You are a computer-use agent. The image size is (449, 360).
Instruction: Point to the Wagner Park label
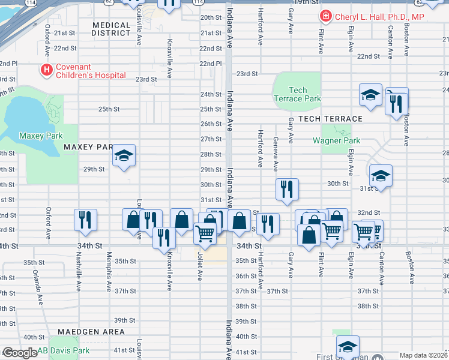click(336, 141)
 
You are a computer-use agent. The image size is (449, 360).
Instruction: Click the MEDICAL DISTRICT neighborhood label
click(112, 29)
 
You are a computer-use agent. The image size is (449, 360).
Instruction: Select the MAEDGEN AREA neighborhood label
click(91, 332)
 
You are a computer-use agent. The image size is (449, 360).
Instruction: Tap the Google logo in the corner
click(19, 353)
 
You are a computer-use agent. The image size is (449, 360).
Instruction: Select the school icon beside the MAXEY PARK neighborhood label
click(124, 156)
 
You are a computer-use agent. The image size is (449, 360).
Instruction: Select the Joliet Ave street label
click(200, 266)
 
